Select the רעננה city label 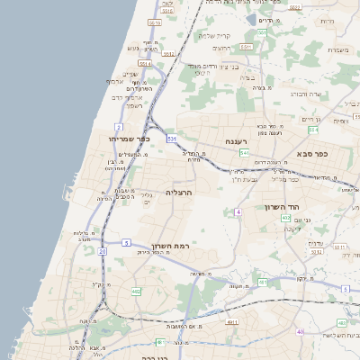click(x=237, y=141)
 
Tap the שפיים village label click(x=132, y=74)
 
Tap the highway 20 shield click(x=103, y=250)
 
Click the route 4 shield click(x=238, y=211)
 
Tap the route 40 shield click(x=301, y=332)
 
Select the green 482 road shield click(x=136, y=292)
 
